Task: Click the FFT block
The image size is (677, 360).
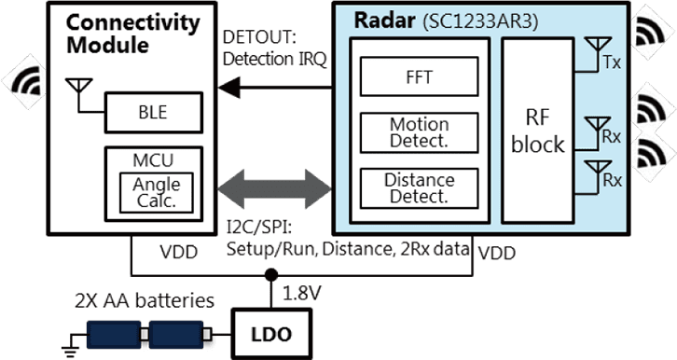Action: [420, 76]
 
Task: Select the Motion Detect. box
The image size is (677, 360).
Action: [420, 132]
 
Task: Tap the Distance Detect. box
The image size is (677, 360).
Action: [420, 188]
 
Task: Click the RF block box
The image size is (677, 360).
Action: [537, 131]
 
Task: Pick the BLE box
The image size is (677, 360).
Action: [153, 112]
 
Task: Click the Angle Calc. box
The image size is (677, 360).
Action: [157, 192]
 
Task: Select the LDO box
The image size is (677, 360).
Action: [271, 334]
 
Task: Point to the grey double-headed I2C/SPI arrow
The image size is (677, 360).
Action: [274, 189]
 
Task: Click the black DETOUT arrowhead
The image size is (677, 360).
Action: [228, 88]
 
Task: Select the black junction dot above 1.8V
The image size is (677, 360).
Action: [271, 274]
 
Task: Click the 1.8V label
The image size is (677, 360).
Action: [302, 294]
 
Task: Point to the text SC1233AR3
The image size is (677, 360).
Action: [480, 22]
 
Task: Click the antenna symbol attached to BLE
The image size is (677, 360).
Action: [78, 87]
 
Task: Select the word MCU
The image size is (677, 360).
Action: [153, 160]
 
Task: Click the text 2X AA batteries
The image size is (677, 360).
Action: [145, 301]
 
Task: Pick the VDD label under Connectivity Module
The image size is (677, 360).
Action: [179, 252]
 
